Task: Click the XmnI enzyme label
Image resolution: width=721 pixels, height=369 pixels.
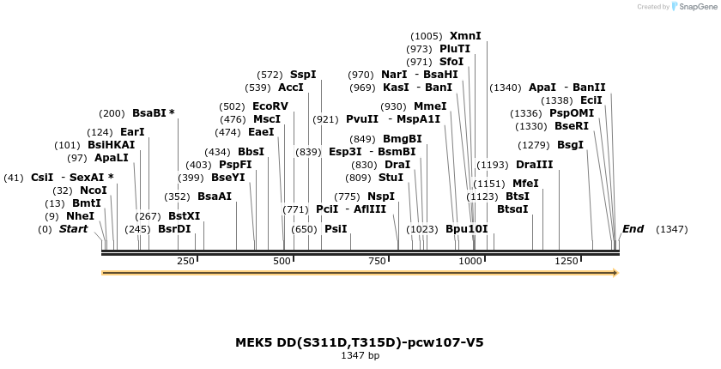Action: (465, 36)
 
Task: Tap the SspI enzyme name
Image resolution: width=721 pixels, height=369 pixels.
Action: (303, 75)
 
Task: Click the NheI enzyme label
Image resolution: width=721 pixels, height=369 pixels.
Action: (80, 216)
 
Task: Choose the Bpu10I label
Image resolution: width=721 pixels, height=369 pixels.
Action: (466, 229)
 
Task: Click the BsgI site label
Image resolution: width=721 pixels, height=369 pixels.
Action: (570, 145)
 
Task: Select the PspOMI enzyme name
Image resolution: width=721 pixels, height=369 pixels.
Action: (572, 113)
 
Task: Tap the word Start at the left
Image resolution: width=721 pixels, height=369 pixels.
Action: (73, 229)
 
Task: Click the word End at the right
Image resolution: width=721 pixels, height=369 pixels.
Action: (633, 229)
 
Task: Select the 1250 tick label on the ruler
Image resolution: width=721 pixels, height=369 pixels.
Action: (566, 261)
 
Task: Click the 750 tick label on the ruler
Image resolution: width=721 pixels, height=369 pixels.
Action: (376, 261)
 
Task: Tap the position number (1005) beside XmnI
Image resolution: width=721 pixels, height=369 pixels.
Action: (427, 36)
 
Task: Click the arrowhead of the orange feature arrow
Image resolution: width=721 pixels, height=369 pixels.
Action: (615, 273)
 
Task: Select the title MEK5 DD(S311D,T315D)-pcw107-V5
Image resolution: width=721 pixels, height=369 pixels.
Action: (360, 342)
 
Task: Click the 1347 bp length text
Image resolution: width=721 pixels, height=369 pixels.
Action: (360, 355)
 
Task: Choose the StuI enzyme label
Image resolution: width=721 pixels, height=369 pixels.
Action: (391, 178)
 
